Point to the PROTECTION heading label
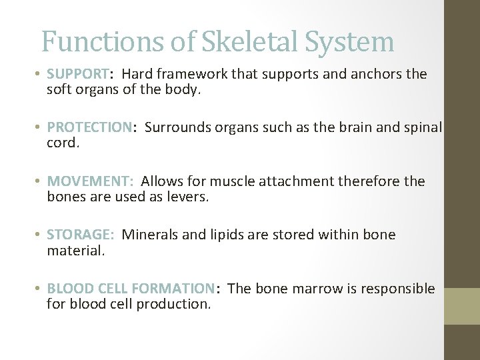coord(89,127)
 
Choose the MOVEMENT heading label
coord(90,181)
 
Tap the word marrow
coord(313,289)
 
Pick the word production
coord(174,305)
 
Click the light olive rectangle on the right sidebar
coord(462,306)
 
